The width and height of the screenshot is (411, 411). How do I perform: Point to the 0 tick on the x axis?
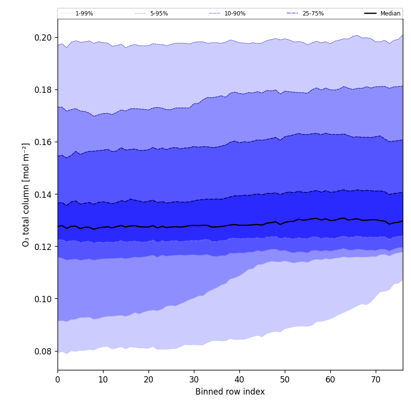point(58,380)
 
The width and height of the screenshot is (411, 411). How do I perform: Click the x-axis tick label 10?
point(103,380)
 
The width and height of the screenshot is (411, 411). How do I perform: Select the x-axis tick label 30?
point(194,380)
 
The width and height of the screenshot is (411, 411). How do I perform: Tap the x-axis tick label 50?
point(285,380)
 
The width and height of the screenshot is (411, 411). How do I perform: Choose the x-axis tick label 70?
point(376,380)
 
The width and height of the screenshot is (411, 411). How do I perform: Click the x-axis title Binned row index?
point(230,392)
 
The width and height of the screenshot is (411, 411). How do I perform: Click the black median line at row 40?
point(239,225)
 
